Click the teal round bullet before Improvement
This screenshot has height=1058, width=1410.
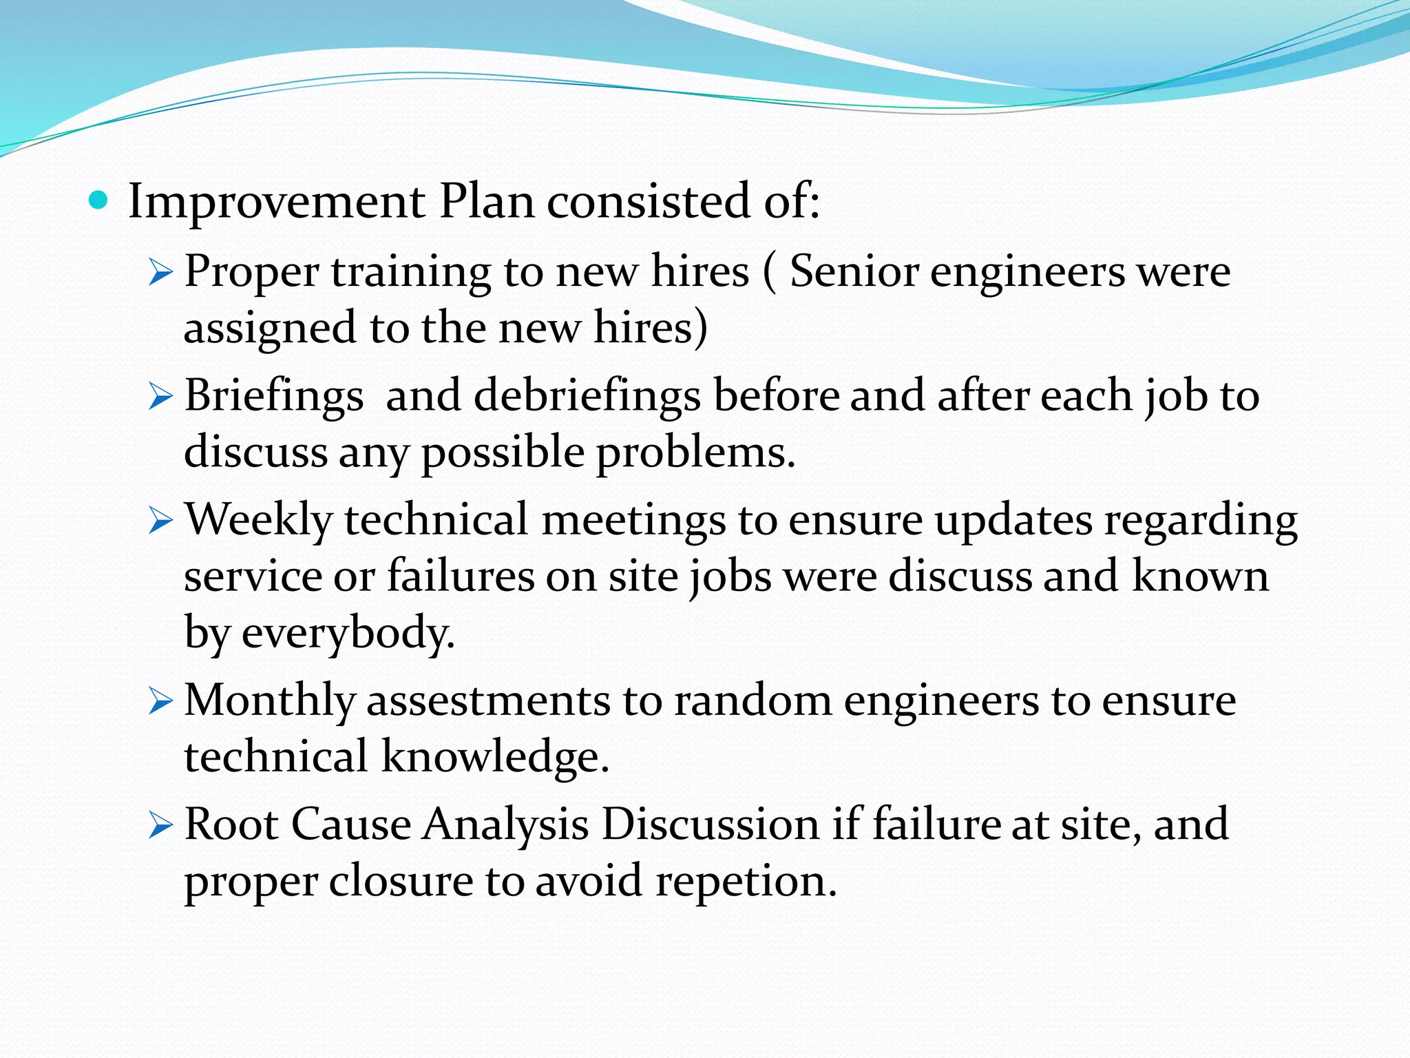99,201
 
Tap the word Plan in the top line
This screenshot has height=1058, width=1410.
487,201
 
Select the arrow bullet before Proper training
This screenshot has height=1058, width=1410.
160,273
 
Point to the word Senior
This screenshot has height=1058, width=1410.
854,271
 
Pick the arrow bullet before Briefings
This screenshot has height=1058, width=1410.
160,397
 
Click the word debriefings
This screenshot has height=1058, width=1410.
587,397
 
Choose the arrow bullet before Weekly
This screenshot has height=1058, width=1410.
160,521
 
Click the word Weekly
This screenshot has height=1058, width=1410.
258,520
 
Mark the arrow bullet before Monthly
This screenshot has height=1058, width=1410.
160,703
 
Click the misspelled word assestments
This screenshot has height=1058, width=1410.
488,701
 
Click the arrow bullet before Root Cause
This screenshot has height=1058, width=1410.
160,826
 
